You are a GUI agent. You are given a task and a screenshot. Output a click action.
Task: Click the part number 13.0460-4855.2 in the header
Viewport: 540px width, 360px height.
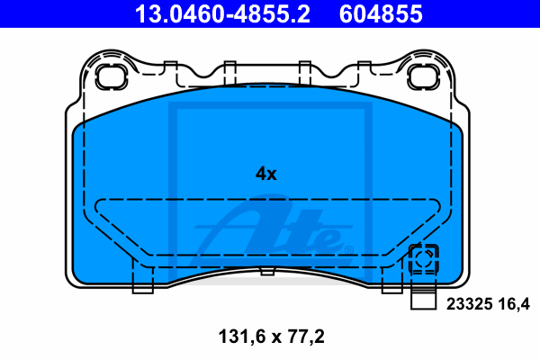222,13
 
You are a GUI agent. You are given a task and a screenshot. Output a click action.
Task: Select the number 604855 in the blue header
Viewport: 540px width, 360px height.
381,13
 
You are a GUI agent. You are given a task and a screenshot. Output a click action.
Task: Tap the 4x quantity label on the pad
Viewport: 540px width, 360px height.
265,174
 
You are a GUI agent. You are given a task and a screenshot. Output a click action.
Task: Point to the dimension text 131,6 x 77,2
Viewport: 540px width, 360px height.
272,337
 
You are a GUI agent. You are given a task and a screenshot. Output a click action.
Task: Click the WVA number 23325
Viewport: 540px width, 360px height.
470,304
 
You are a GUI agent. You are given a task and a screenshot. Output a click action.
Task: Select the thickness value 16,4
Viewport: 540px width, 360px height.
514,304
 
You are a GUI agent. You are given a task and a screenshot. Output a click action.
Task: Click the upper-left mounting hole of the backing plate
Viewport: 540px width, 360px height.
112,76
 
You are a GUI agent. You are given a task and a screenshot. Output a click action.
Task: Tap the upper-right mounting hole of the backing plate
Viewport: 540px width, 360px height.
423,76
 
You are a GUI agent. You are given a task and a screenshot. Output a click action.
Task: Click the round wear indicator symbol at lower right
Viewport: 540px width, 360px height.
423,258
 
